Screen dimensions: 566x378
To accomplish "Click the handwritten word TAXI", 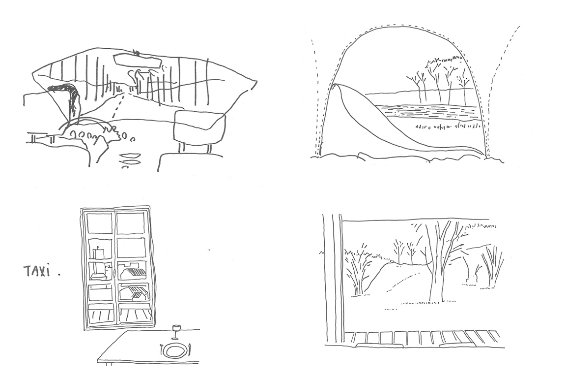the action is (x=38, y=271).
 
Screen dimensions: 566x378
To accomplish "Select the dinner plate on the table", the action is (x=175, y=350).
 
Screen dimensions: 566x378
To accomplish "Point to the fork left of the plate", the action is (x=161, y=350).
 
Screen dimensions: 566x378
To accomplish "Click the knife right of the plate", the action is (x=190, y=350).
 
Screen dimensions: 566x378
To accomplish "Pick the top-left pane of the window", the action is (x=100, y=223).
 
